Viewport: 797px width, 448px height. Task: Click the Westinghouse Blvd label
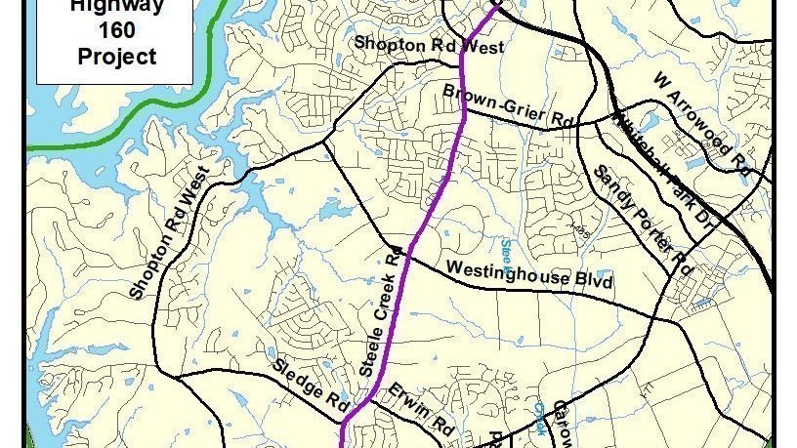click(528, 273)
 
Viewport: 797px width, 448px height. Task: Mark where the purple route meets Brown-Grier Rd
click(463, 109)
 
